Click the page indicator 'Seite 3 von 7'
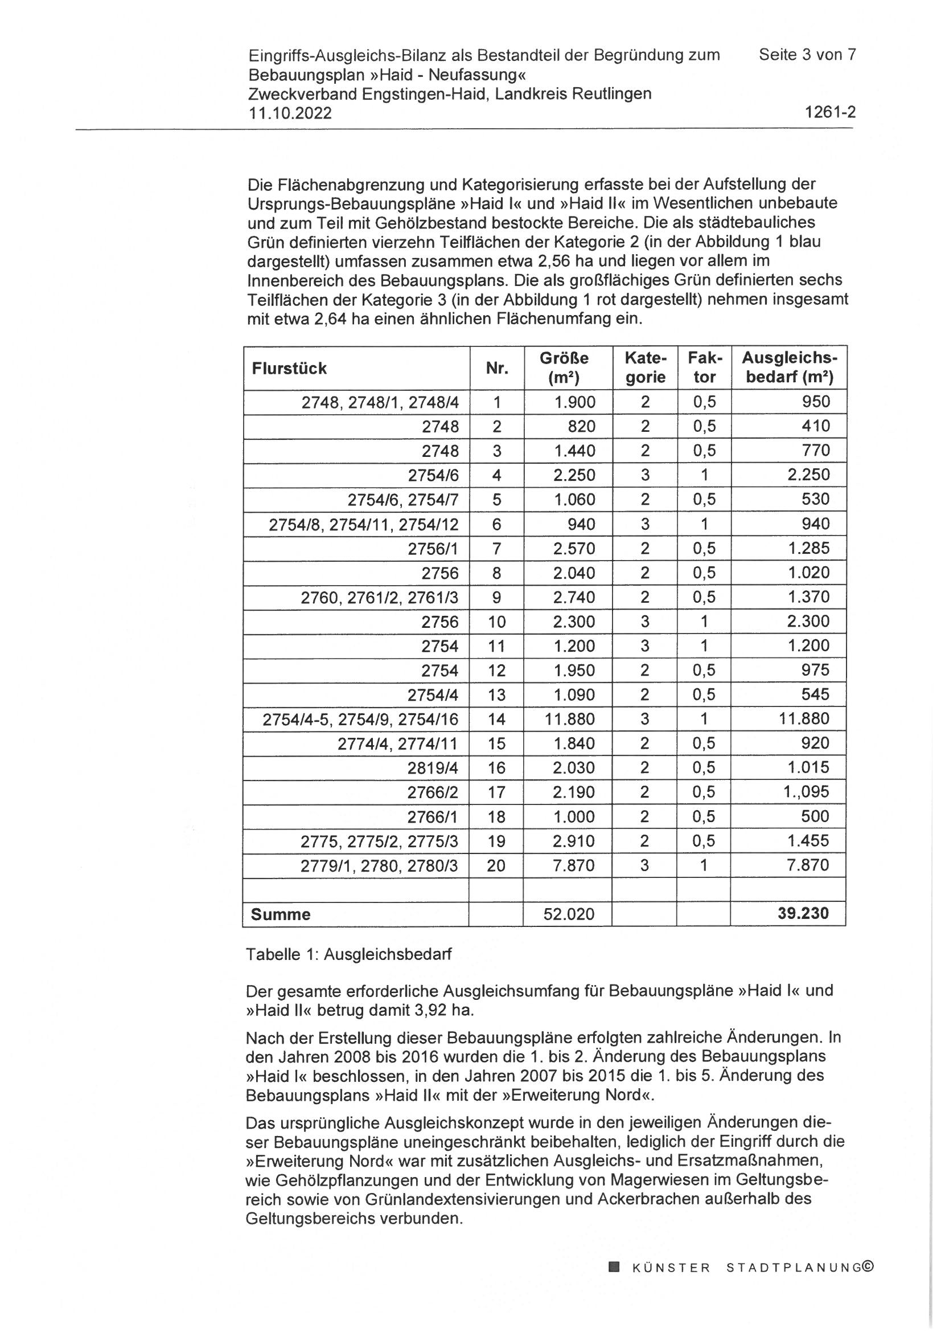click(807, 55)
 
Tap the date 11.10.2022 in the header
click(290, 113)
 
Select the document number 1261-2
click(830, 113)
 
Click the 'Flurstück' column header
click(289, 369)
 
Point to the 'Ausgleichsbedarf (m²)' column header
click(789, 368)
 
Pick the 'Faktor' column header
click(704, 368)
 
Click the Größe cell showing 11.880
click(569, 720)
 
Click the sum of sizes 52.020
click(569, 914)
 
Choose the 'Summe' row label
click(281, 914)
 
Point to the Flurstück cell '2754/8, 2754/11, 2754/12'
click(364, 525)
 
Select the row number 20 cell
click(496, 865)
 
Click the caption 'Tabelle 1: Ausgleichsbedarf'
click(348, 954)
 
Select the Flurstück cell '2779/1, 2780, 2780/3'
click(379, 865)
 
